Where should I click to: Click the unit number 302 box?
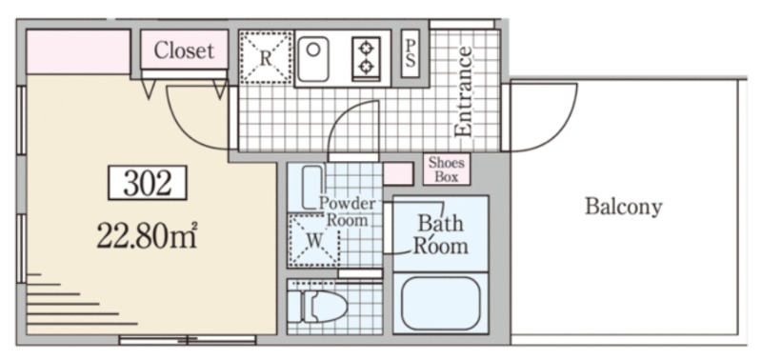148,183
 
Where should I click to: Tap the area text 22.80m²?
147,235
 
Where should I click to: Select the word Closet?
184,50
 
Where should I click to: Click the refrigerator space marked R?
266,57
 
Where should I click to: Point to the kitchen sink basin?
312,59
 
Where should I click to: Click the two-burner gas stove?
366,58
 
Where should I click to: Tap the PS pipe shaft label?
411,53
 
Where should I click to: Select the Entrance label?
463,91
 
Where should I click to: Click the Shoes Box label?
447,170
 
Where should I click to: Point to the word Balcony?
624,207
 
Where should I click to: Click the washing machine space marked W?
313,239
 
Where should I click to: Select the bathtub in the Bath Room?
441,303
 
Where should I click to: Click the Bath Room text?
440,235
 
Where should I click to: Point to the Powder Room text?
347,211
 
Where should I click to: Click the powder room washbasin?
312,187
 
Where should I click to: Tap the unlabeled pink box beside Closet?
78,52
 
